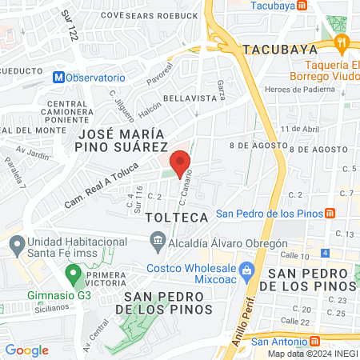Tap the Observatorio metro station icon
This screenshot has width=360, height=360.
click(58, 78)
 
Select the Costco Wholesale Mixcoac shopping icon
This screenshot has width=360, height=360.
click(247, 270)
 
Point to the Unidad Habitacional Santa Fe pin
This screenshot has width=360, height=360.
click(14, 242)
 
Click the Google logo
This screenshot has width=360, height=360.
click(27, 350)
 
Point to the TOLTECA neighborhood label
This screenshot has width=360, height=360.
click(177, 217)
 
